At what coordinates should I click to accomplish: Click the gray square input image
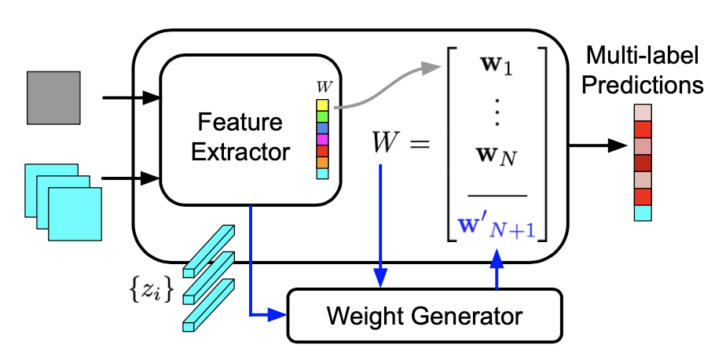tap(53, 97)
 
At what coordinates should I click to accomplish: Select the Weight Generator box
tap(425, 316)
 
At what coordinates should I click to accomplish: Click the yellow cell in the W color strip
tap(322, 105)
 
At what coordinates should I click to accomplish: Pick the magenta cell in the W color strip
tap(322, 139)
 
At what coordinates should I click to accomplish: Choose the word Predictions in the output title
tap(647, 84)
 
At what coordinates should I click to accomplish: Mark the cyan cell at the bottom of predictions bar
tap(643, 212)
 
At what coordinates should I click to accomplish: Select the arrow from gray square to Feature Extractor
tap(130, 98)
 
